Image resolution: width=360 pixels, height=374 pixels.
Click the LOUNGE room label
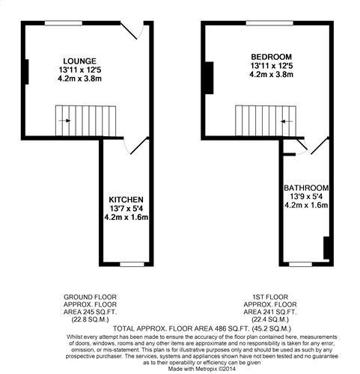(x=79, y=61)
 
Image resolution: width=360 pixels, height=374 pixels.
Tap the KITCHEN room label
(x=126, y=200)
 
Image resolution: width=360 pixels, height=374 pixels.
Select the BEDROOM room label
(x=271, y=57)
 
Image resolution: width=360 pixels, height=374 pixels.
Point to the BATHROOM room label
(x=306, y=188)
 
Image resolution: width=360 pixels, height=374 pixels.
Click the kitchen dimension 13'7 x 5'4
(x=126, y=209)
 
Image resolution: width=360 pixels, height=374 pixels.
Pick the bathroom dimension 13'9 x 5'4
(x=306, y=197)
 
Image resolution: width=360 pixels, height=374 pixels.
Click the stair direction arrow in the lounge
(x=64, y=120)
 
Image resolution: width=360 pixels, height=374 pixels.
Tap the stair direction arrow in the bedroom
(x=287, y=121)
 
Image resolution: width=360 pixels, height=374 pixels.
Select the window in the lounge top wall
(x=64, y=23)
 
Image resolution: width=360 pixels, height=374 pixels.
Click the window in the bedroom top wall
(x=269, y=23)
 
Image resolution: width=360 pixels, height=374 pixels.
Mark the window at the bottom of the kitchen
(x=132, y=264)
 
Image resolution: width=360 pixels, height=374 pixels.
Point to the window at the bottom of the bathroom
(x=301, y=264)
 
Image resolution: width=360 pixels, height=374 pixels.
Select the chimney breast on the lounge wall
(x=27, y=72)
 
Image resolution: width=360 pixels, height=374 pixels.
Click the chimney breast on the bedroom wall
(x=210, y=78)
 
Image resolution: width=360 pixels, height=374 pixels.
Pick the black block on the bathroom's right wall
(x=326, y=248)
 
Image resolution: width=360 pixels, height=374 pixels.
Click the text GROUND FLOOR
(x=90, y=297)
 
